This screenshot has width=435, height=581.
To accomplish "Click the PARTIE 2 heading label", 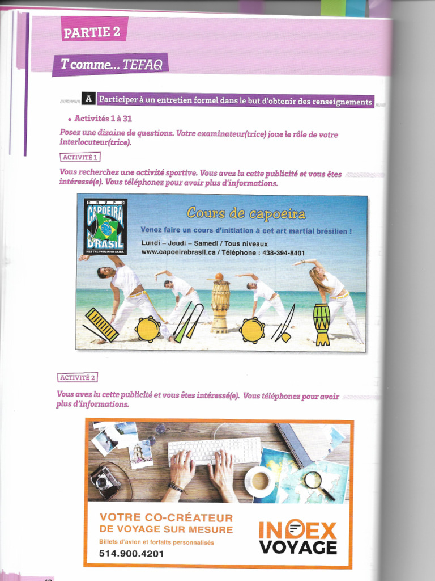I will (x=92, y=32).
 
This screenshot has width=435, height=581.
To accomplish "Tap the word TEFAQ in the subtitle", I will (x=143, y=65).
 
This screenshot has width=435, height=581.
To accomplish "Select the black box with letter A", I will (x=88, y=99).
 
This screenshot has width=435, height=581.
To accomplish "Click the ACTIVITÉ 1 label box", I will (x=79, y=157).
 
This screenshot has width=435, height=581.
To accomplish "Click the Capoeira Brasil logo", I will (x=105, y=226).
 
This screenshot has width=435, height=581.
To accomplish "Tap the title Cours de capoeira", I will (x=246, y=214).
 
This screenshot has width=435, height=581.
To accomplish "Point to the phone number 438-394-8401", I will (x=283, y=253).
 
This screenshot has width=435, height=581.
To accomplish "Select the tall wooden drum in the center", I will (x=220, y=305).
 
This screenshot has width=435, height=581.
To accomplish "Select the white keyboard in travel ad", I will (x=215, y=451).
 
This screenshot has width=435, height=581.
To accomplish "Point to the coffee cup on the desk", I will (x=260, y=481).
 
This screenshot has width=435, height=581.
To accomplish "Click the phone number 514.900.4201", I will (x=131, y=553).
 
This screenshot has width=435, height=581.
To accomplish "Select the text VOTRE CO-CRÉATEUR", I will (x=166, y=517).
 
